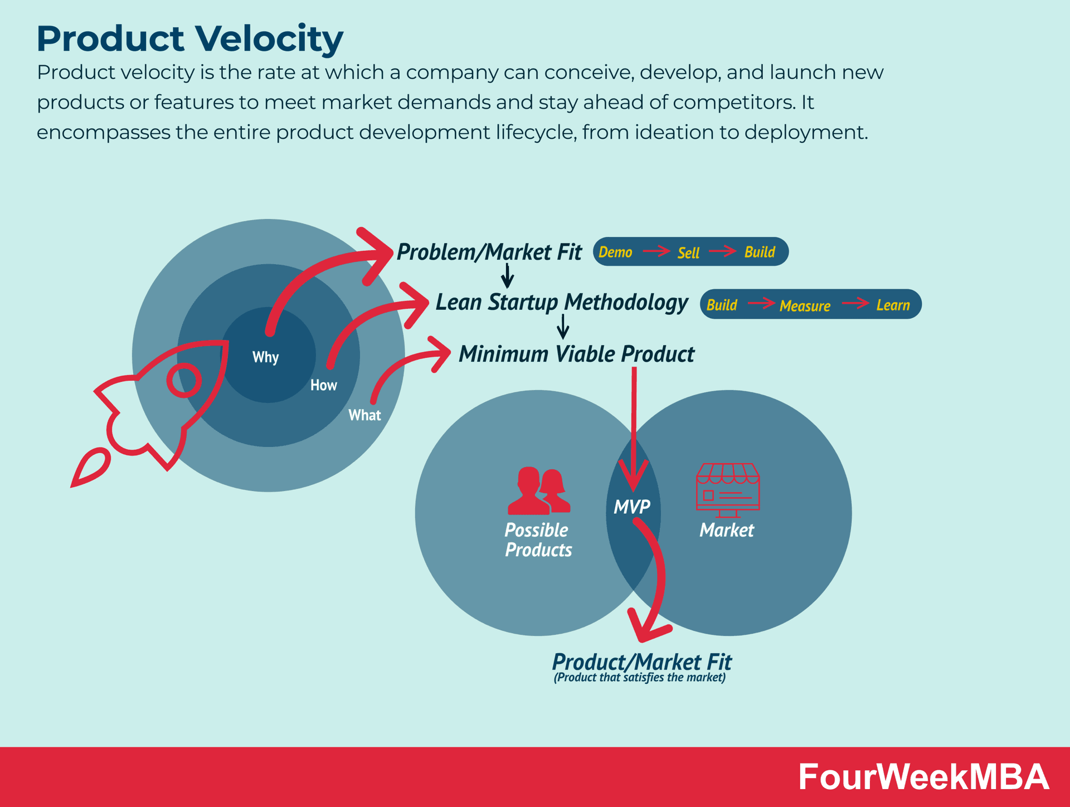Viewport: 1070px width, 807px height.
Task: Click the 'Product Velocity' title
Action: click(189, 39)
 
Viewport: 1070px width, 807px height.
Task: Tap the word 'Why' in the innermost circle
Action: click(265, 357)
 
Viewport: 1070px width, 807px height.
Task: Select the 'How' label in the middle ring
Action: click(323, 385)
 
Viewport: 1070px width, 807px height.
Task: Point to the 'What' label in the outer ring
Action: click(364, 415)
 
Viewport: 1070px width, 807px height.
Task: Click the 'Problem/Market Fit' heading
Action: click(489, 252)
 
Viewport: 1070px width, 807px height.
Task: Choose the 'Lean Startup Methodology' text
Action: click(562, 303)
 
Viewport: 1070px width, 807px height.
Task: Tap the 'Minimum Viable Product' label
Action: click(576, 354)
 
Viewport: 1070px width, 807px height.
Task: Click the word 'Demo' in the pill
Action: click(615, 252)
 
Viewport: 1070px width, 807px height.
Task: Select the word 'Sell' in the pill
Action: click(688, 253)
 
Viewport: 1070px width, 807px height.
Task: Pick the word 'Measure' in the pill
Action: click(805, 305)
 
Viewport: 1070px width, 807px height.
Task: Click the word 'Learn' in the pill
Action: click(893, 305)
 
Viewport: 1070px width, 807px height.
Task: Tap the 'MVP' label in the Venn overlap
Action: click(632, 507)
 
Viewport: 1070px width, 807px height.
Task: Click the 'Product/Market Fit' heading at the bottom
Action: click(641, 662)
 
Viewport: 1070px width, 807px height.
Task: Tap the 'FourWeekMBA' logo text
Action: click(923, 777)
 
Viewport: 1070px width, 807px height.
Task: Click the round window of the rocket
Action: click(184, 380)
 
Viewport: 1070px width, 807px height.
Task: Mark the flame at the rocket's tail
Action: click(90, 468)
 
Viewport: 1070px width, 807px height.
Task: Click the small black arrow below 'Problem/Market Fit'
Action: click(507, 275)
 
